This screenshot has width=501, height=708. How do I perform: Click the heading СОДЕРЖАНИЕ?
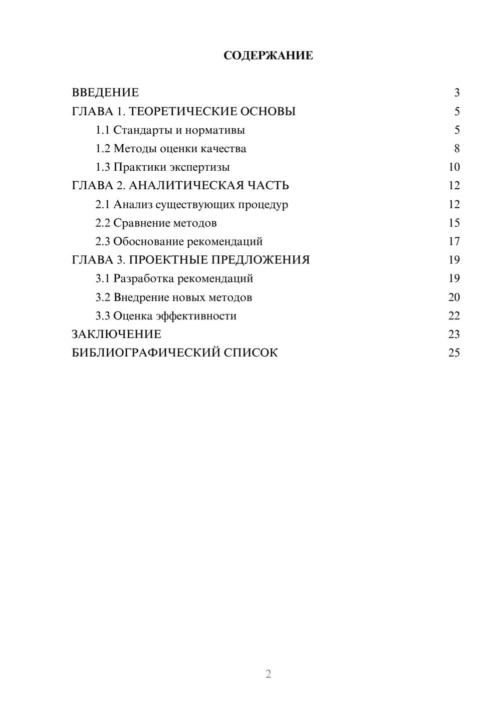click(268, 56)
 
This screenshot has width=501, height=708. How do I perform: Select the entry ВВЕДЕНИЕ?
click(105, 93)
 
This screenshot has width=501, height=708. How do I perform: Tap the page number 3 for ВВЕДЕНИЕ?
click(456, 93)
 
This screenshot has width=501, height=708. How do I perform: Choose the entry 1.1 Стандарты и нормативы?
click(170, 130)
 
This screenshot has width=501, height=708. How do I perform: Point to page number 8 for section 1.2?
click(456, 149)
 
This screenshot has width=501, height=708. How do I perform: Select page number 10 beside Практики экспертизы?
click(454, 167)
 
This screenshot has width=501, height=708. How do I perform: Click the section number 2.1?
click(103, 204)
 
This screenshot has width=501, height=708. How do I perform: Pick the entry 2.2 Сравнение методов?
click(156, 223)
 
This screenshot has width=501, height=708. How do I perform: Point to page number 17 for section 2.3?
click(454, 241)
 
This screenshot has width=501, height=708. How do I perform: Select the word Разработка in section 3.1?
click(144, 278)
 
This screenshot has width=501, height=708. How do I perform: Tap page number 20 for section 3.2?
click(454, 297)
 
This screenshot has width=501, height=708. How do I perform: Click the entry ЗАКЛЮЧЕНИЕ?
click(116, 334)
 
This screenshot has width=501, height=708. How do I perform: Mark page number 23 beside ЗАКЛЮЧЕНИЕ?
click(454, 334)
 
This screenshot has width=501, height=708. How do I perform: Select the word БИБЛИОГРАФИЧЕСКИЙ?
click(146, 353)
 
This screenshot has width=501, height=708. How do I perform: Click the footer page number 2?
click(268, 674)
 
